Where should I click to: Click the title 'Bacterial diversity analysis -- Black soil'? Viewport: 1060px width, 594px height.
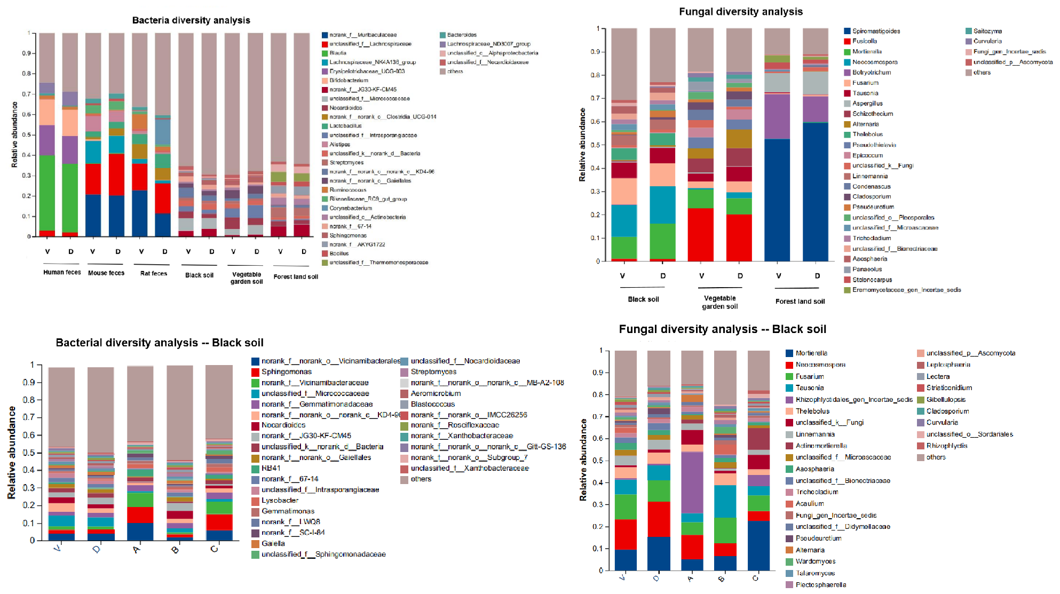pyautogui.click(x=160, y=343)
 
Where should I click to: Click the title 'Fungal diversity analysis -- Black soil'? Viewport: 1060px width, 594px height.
pyautogui.click(x=722, y=329)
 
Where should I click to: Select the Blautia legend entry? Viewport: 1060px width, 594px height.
pyautogui.click(x=337, y=53)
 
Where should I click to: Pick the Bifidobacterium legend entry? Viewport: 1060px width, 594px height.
pyautogui.click(x=349, y=80)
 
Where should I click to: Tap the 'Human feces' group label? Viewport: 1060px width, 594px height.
pyautogui.click(x=62, y=272)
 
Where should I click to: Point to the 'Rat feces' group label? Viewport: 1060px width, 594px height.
pyautogui.click(x=154, y=273)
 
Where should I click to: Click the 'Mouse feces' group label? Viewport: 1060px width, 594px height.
pyautogui.click(x=106, y=273)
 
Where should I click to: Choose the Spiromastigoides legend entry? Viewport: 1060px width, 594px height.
pyautogui.click(x=876, y=31)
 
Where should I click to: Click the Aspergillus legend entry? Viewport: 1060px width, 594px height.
pyautogui.click(x=867, y=104)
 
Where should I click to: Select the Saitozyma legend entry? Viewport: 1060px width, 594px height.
pyautogui.click(x=987, y=31)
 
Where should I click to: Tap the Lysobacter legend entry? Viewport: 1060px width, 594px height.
pyautogui.click(x=280, y=500)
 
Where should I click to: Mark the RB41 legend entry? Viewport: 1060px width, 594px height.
pyautogui.click(x=271, y=468)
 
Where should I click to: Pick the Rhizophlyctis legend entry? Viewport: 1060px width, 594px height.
pyautogui.click(x=947, y=446)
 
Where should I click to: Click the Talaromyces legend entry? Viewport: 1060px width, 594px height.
pyautogui.click(x=815, y=573)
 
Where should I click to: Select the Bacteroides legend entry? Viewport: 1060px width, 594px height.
pyautogui.click(x=462, y=35)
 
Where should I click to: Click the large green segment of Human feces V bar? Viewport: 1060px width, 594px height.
pyautogui.click(x=47, y=192)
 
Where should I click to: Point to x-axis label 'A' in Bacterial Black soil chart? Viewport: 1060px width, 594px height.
pyautogui.click(x=137, y=550)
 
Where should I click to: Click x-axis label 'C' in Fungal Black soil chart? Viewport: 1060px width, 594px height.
pyautogui.click(x=755, y=578)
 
